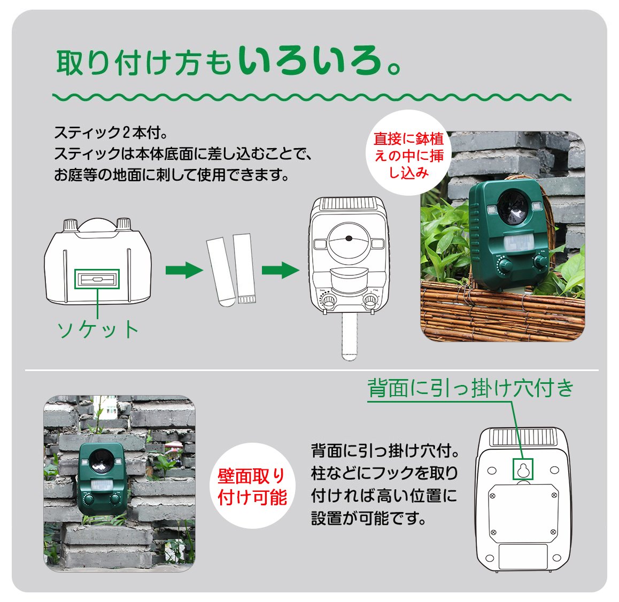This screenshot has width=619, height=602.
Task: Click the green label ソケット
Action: [x=98, y=330]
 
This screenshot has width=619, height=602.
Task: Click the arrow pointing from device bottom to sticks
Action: [x=184, y=271]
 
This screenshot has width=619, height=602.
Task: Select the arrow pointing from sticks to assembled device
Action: [x=280, y=271]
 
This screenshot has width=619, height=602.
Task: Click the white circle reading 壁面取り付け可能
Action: [x=252, y=487]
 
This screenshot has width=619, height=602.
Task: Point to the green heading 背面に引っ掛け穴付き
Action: [x=470, y=388]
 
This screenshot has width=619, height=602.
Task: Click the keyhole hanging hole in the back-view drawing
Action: [x=523, y=469]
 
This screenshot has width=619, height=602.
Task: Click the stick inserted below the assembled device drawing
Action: [x=350, y=337]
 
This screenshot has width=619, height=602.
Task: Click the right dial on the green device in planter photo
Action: [x=540, y=260]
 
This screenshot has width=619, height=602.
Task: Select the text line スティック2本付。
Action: [x=111, y=133]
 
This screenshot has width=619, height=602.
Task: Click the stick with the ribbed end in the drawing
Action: [x=244, y=268]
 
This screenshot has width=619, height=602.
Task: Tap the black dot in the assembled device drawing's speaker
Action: [x=349, y=238]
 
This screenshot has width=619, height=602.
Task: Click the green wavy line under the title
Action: [x=312, y=97]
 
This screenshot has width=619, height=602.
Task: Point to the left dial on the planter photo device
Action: [x=503, y=263]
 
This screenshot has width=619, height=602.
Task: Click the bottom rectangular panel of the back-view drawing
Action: [x=523, y=557]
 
